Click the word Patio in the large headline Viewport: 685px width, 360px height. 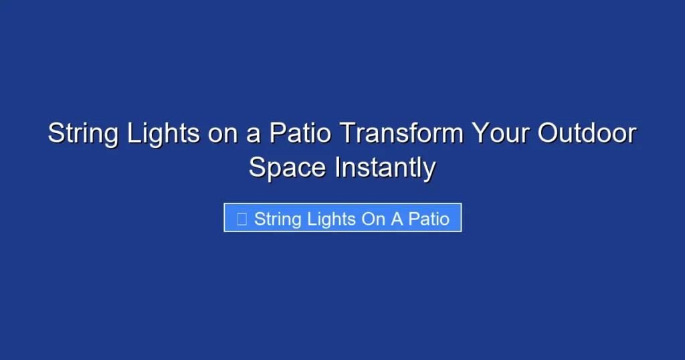click(300, 134)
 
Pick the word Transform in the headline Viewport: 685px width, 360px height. click(401, 134)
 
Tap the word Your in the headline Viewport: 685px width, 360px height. click(496, 134)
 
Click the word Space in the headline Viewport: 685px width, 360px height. click(288, 167)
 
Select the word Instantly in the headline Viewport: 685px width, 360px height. click(385, 167)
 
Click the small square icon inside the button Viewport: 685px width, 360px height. click(242, 219)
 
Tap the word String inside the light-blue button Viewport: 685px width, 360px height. click(277, 219)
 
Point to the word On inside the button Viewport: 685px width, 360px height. click(374, 219)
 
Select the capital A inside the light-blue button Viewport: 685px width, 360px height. click(397, 219)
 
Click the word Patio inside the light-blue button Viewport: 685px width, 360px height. click(429, 219)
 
